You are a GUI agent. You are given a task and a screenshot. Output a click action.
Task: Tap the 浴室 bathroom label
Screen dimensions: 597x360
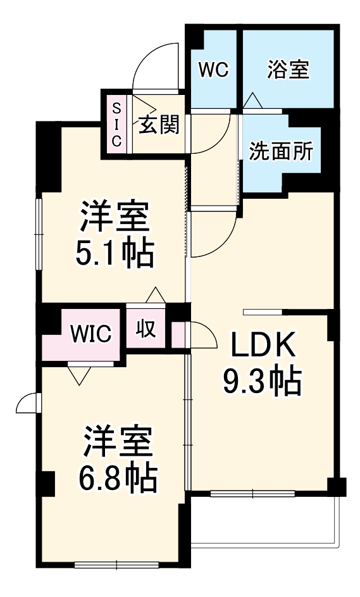(288, 69)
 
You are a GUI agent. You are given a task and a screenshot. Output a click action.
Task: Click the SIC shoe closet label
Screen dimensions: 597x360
(116, 125)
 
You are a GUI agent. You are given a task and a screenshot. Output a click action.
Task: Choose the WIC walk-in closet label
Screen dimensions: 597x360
(91, 333)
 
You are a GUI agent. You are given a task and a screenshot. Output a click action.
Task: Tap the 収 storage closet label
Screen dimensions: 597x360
(147, 331)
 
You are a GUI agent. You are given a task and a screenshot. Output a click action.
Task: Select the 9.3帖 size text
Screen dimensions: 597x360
(260, 380)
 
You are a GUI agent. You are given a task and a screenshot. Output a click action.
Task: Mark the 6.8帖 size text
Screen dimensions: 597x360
(118, 479)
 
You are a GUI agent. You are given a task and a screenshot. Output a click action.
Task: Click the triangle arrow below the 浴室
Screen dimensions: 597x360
(253, 100)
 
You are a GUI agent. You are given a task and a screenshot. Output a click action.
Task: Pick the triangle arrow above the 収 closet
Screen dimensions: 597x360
(154, 295)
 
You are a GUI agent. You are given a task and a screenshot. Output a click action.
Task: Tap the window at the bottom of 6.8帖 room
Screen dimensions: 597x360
(117, 563)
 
